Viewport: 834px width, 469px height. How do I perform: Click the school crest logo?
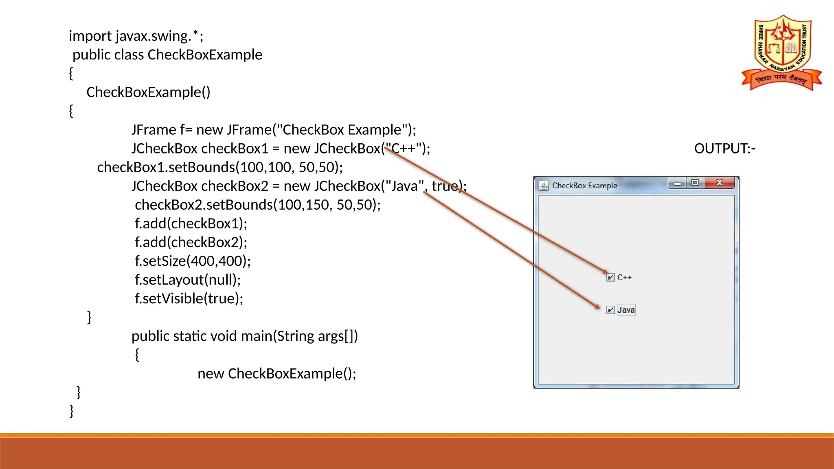(x=782, y=53)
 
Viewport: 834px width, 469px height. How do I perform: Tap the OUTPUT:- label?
(x=724, y=149)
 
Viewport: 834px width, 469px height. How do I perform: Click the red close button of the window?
(x=720, y=183)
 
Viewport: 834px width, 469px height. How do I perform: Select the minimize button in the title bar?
(x=677, y=183)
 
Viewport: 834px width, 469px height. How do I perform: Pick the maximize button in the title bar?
(x=695, y=183)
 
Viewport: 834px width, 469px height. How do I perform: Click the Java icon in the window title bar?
(x=544, y=186)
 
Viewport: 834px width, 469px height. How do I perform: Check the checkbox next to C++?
(x=610, y=278)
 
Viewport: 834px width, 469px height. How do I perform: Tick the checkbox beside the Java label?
(x=610, y=310)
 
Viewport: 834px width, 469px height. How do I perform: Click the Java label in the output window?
(x=626, y=310)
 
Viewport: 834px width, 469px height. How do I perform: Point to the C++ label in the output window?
(x=624, y=278)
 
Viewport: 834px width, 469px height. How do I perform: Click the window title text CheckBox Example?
(x=584, y=186)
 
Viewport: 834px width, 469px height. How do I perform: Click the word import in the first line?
(x=90, y=36)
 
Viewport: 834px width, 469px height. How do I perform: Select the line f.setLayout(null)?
(x=188, y=280)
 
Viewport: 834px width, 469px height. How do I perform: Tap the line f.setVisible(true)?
(x=189, y=299)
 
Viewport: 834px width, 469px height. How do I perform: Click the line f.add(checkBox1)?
(x=191, y=224)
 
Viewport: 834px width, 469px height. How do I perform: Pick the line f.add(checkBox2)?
(x=191, y=243)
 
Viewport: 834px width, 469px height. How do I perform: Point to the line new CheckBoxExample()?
(x=277, y=374)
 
